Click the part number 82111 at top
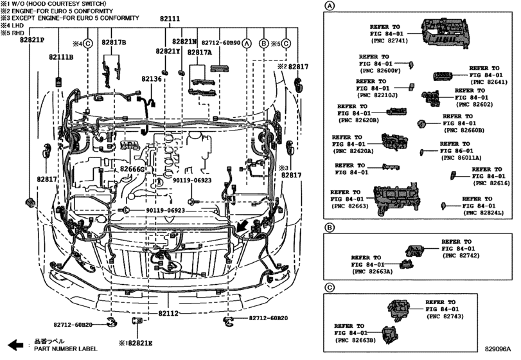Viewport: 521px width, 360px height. coord(170,19)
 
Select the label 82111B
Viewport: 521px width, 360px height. coord(61,57)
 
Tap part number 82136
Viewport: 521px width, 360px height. coord(151,79)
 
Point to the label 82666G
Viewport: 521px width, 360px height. coord(132,169)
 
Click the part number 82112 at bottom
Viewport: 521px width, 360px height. coord(168,313)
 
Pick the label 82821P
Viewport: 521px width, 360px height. coord(32,40)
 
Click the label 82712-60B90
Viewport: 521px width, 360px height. coord(221,43)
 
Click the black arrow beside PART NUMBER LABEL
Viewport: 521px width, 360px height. coord(15,345)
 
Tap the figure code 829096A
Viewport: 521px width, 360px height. coord(497,349)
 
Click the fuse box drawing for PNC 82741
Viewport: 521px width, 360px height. coord(446,33)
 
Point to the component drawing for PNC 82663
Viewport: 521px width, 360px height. coord(397,199)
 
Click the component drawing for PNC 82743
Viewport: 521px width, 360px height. coord(399,310)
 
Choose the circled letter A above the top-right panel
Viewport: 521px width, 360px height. coord(329,6)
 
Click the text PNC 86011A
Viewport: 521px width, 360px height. coord(461,158)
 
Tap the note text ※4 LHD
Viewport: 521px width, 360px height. coord(12,25)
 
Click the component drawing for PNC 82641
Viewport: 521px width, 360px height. coord(442,76)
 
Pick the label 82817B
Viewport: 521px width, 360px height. coord(114,42)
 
